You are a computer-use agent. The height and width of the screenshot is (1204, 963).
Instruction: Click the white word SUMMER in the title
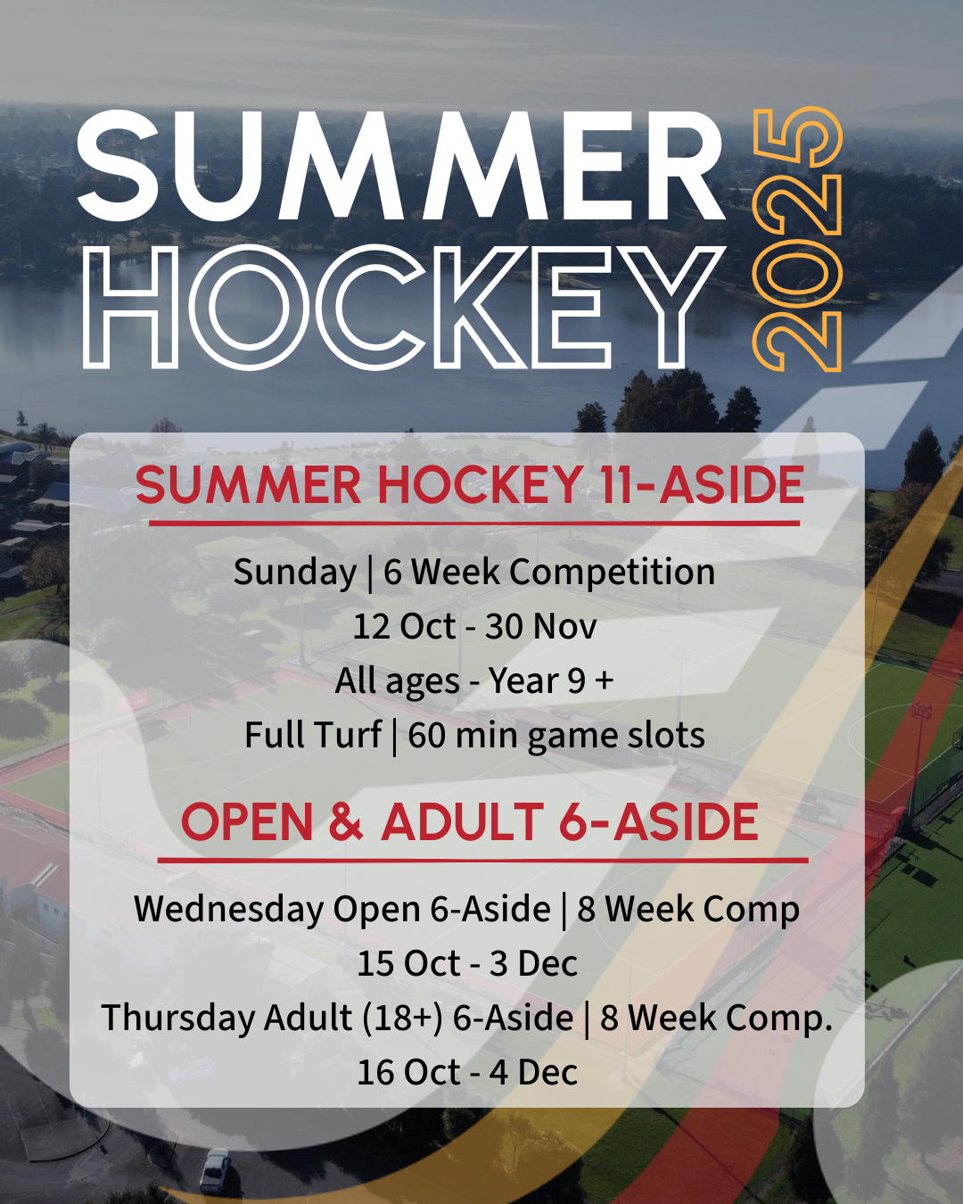[x=400, y=166]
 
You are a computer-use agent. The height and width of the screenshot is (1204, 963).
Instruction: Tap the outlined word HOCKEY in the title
[x=400, y=307]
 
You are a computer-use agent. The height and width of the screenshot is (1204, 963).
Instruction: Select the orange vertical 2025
[x=797, y=239]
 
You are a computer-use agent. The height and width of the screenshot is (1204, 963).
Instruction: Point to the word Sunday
[x=295, y=573]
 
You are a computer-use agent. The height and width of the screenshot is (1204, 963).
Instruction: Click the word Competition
[x=612, y=573]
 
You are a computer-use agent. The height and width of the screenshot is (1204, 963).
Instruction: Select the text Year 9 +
[x=551, y=680]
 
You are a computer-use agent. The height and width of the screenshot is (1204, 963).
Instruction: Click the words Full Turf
[x=313, y=735]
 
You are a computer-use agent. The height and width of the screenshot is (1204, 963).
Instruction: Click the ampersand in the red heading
[x=346, y=822]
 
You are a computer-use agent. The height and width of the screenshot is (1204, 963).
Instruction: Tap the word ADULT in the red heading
[x=462, y=822]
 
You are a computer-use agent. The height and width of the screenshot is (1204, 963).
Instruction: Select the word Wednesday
[x=228, y=909]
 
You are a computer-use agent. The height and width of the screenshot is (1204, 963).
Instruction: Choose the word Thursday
[x=178, y=1018]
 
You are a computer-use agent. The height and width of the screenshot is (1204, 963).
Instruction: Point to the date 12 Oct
[x=404, y=626]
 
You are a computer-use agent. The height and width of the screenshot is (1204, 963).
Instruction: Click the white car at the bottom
[x=214, y=1170]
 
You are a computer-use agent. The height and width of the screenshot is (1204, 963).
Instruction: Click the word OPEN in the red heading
[x=247, y=822]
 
